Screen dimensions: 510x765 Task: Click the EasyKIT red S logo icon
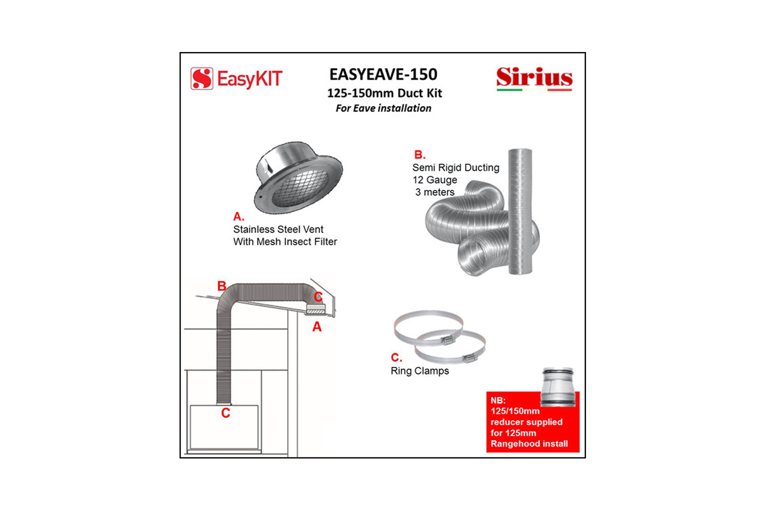[x=202, y=79]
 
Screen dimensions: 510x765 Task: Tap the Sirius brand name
[x=534, y=78]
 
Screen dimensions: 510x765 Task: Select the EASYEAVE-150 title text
[x=383, y=74]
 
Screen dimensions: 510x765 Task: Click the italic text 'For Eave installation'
[x=383, y=108]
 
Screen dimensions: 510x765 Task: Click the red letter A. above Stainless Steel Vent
[x=238, y=216]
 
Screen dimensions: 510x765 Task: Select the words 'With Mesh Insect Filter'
[x=285, y=242]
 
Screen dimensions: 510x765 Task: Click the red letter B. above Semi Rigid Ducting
[x=419, y=155]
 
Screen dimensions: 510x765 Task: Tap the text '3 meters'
[x=435, y=192]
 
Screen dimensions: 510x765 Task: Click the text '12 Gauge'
[x=435, y=180]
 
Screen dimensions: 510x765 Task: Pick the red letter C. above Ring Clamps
[x=396, y=358]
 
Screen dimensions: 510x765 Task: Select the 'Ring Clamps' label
[x=420, y=371]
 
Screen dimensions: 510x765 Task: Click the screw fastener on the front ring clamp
[x=468, y=359]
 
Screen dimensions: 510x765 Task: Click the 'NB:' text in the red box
[x=498, y=400]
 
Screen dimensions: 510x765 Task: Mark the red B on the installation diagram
[x=222, y=286]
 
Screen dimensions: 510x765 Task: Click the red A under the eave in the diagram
[x=317, y=327]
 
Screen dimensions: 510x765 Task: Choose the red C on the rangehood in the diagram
[x=225, y=413]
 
